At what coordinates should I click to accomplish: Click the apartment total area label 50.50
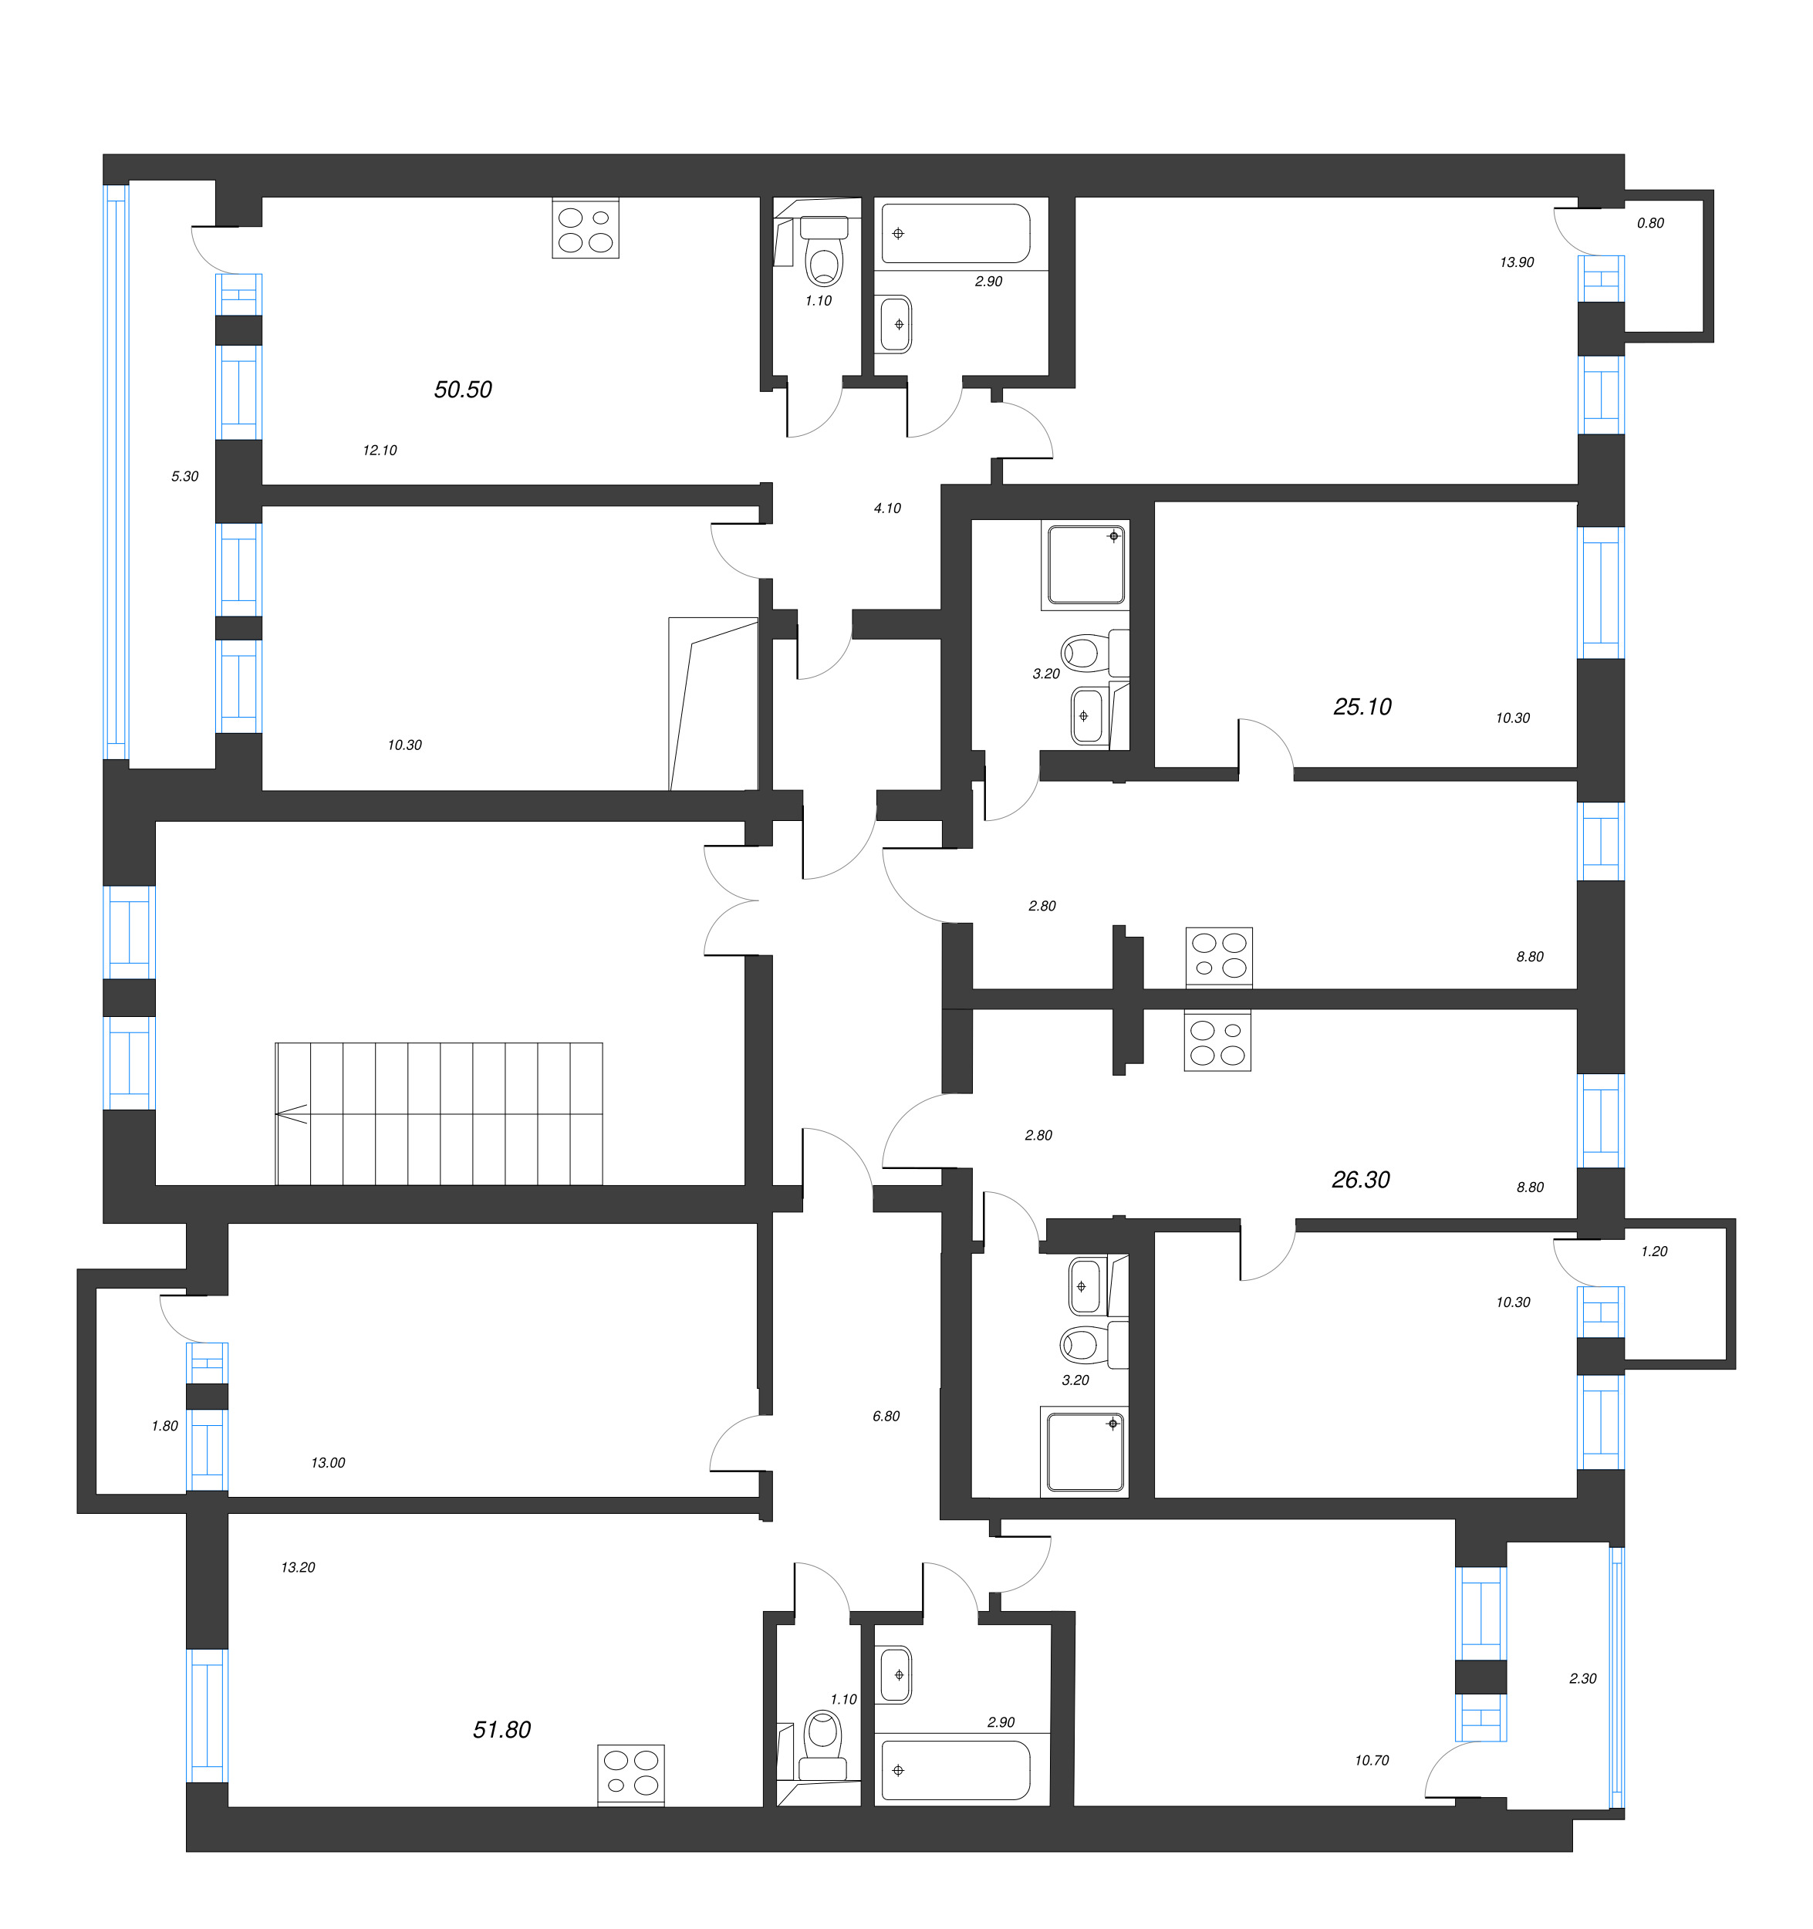[463, 389]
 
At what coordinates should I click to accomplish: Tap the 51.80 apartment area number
[501, 1729]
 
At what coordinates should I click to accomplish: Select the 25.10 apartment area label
[1362, 706]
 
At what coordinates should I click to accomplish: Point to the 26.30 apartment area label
[1360, 1179]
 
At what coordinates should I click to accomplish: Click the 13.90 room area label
[1516, 262]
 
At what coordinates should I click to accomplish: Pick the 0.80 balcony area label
[1650, 223]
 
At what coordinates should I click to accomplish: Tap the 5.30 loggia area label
[184, 476]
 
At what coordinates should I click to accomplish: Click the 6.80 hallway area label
[886, 1416]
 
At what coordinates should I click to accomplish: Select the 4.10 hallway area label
[886, 508]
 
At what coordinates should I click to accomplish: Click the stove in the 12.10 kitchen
[585, 229]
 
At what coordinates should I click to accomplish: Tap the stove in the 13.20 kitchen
[630, 1775]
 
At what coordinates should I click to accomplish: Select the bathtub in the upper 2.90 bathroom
[955, 234]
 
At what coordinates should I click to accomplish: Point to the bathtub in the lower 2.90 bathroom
[955, 1770]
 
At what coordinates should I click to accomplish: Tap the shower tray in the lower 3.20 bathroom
[1085, 1451]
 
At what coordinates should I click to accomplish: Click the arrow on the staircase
[292, 1114]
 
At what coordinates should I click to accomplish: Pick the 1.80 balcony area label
[165, 1425]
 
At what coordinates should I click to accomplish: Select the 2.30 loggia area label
[1582, 1677]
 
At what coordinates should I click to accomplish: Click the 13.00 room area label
[328, 1462]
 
